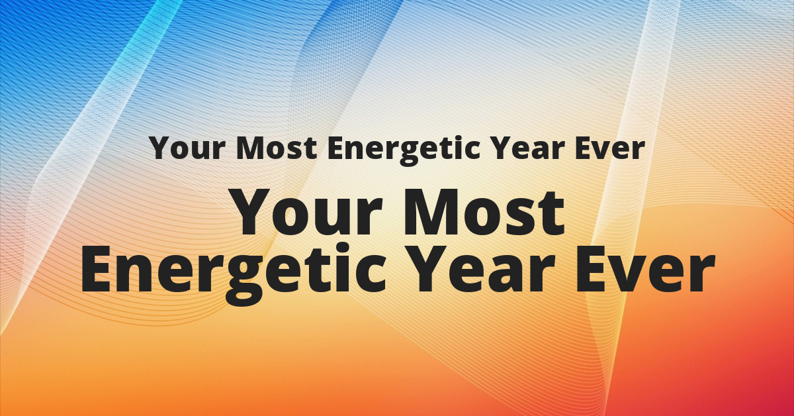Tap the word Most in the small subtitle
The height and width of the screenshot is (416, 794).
click(x=277, y=148)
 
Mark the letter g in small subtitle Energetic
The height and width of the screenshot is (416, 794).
click(x=411, y=154)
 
